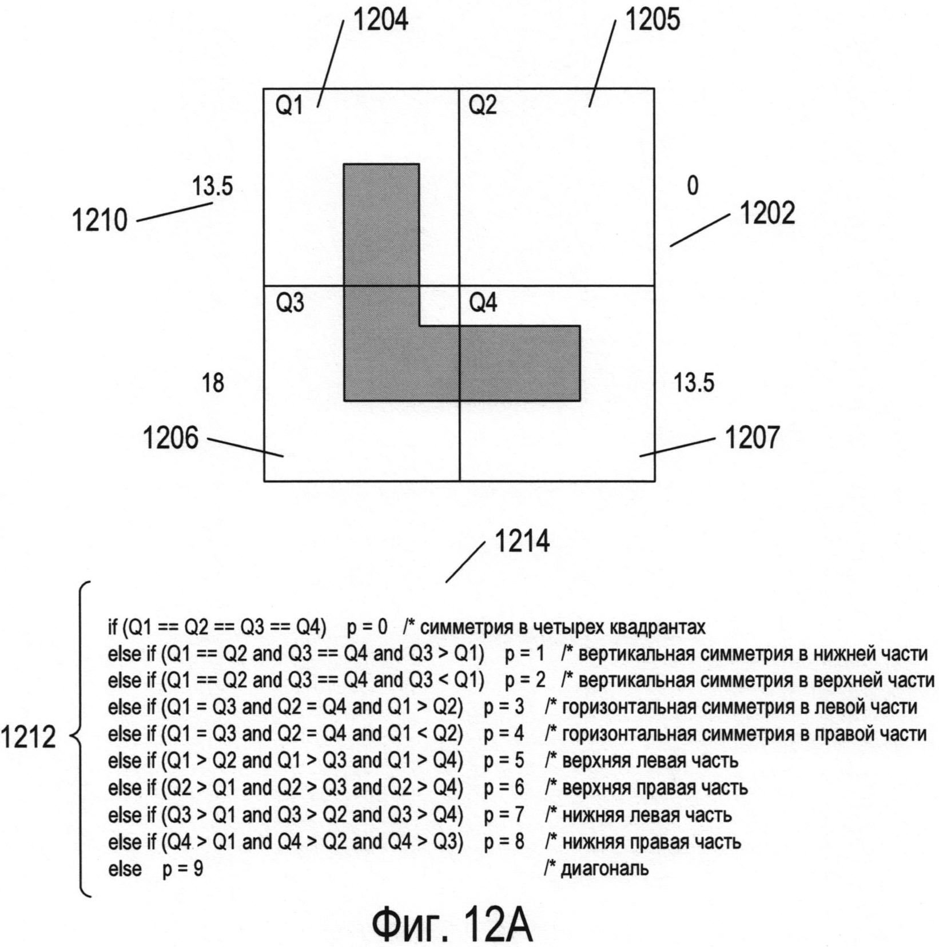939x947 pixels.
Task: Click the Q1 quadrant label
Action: point(289,106)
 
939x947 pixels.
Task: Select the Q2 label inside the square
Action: point(483,106)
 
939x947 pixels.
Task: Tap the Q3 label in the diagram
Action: point(290,303)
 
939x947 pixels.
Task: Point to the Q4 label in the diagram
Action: point(483,303)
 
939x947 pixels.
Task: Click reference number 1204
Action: point(380,20)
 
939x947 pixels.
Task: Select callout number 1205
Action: point(652,20)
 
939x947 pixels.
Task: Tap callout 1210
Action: point(100,220)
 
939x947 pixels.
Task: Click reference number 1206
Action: point(170,438)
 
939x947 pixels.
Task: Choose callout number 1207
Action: point(751,438)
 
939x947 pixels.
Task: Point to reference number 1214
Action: point(522,541)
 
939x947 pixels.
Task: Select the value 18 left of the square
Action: point(213,383)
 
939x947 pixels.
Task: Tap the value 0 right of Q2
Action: point(693,186)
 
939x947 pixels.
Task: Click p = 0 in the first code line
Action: point(367,627)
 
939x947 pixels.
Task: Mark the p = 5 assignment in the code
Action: point(504,761)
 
